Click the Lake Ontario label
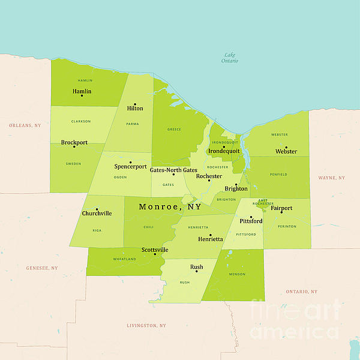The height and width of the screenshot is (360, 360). click(x=229, y=58)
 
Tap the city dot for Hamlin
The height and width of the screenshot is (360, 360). click(x=82, y=96)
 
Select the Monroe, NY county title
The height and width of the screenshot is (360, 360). click(x=170, y=206)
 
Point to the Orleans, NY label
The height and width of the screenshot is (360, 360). click(x=25, y=125)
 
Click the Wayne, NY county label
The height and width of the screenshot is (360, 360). click(x=331, y=178)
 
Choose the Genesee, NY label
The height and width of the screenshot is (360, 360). click(x=42, y=268)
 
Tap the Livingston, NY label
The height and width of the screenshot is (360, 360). click(x=146, y=325)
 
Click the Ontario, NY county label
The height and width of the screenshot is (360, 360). click(x=301, y=291)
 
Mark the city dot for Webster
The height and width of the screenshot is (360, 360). click(x=286, y=147)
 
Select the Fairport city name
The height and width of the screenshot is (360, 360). click(x=281, y=208)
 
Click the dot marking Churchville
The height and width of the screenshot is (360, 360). click(x=97, y=209)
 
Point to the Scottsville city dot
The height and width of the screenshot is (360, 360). click(x=155, y=254)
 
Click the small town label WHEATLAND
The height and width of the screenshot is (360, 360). click(x=124, y=259)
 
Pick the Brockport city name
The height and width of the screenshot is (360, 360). click(x=74, y=142)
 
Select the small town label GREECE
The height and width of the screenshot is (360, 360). click(x=174, y=129)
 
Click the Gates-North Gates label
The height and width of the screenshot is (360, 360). click(x=173, y=170)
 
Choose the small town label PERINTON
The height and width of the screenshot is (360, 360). click(x=287, y=226)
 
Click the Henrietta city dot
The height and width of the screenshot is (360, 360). click(x=210, y=235)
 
